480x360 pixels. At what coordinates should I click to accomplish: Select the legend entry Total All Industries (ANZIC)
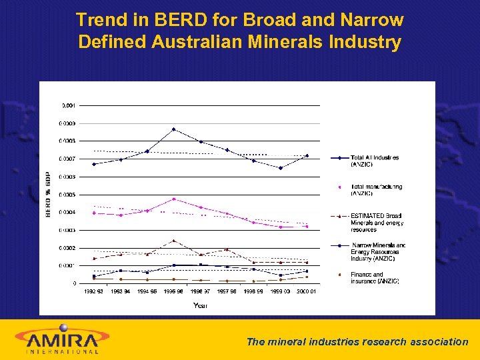pyautogui.click(x=375, y=161)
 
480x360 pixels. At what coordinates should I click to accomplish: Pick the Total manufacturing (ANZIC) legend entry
pyautogui.click(x=376, y=190)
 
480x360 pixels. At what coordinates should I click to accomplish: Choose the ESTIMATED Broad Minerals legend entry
pyautogui.click(x=376, y=222)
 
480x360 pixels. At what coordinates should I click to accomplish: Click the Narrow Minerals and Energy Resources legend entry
pyautogui.click(x=377, y=252)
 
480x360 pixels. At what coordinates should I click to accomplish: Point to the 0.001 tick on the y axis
pyautogui.click(x=68, y=105)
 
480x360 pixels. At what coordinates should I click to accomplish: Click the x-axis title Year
pyautogui.click(x=200, y=305)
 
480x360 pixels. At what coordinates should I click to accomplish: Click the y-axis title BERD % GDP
pyautogui.click(x=48, y=194)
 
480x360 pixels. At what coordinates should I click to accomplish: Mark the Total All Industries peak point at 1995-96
pyautogui.click(x=174, y=129)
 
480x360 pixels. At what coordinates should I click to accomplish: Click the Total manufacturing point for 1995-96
pyautogui.click(x=174, y=199)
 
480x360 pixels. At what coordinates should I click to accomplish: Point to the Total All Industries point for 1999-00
pyautogui.click(x=281, y=168)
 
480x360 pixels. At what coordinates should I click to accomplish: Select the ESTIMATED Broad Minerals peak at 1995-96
pyautogui.click(x=174, y=241)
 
